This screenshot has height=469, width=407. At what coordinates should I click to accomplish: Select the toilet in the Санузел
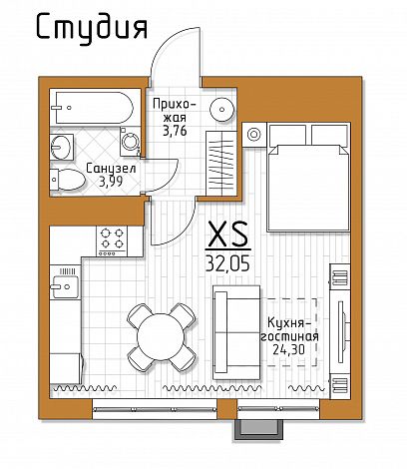pos(68,180)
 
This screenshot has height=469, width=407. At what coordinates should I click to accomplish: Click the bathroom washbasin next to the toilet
pos(62,147)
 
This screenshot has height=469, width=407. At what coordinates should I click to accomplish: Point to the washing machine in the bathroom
pos(131,142)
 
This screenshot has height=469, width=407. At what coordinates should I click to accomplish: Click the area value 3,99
pos(111,182)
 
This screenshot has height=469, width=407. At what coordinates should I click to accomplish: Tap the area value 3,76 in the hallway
pos(175,131)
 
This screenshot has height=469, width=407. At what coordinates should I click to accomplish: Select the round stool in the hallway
pos(222,110)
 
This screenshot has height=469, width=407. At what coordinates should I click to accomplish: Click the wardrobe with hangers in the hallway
pos(221,164)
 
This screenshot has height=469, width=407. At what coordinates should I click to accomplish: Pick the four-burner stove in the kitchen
pos(112,241)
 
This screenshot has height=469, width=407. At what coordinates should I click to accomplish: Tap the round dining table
pos(161,336)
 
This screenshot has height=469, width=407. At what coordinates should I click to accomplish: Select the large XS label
pos(228,234)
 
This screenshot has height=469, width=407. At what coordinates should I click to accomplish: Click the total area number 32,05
pos(228,264)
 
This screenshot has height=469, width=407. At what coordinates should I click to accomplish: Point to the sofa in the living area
pos(236,332)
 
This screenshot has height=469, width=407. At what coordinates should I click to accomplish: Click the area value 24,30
pos(288,349)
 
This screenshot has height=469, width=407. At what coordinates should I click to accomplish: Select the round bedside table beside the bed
pos(254,135)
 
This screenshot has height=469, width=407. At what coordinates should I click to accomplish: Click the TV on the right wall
pos(342,331)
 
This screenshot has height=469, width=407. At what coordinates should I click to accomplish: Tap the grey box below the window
pos(259,430)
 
